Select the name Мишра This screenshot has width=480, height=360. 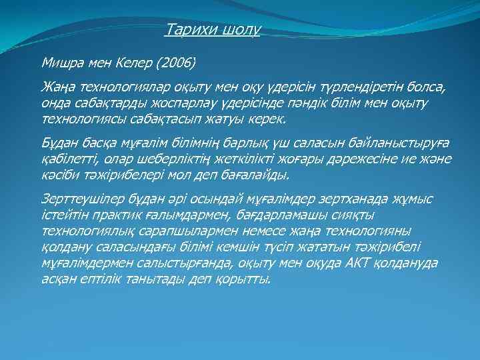64,64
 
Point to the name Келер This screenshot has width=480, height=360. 130,64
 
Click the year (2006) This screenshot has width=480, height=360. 174,64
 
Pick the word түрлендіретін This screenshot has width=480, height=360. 349,89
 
